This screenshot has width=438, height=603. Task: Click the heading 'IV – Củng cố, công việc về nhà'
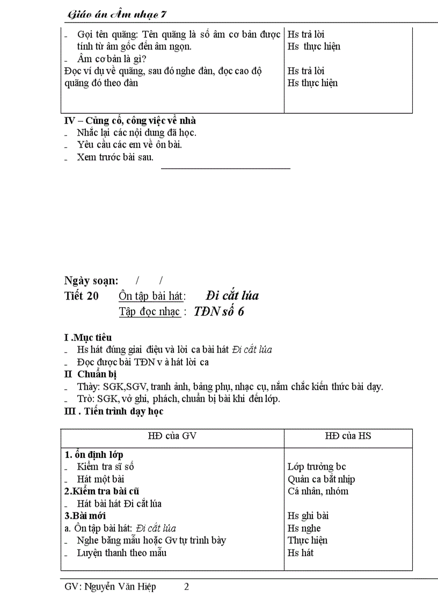(130, 121)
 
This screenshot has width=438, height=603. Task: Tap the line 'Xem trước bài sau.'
(115, 157)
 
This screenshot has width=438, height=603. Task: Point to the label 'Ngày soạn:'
(91, 280)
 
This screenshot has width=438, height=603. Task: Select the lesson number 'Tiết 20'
(82, 296)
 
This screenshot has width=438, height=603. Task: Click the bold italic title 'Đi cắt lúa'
(232, 296)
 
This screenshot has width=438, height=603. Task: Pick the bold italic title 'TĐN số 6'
(219, 311)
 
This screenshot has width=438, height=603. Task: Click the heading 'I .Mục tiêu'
(88, 338)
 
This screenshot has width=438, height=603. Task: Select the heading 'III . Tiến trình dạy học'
(114, 411)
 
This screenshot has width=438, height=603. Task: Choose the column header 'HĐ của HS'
(348, 436)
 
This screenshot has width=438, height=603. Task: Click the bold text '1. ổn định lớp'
(94, 455)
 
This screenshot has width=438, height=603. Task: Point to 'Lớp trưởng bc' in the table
(317, 467)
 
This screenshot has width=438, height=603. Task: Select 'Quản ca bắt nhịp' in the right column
(321, 480)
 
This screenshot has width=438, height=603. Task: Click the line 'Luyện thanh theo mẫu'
(122, 553)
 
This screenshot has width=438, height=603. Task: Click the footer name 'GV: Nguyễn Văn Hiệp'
(110, 587)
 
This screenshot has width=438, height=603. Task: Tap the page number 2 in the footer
(186, 587)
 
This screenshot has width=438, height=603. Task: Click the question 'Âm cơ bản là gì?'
(113, 59)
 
